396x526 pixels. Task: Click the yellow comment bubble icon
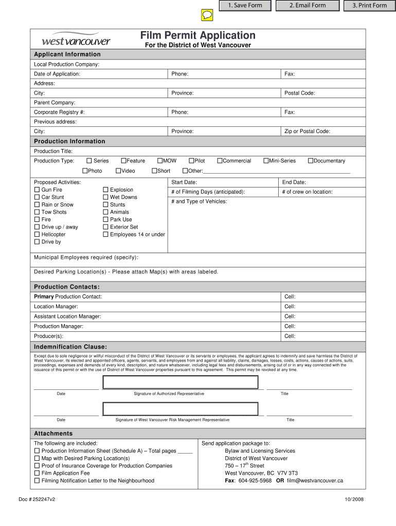click(x=206, y=15)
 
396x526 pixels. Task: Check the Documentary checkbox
click(x=310, y=161)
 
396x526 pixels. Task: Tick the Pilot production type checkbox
click(x=191, y=161)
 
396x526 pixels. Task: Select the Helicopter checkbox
click(x=37, y=234)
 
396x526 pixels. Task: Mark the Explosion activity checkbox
click(x=105, y=190)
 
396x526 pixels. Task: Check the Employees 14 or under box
click(x=105, y=234)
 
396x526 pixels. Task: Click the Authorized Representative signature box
click(x=181, y=383)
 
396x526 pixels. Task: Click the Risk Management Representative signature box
click(x=181, y=409)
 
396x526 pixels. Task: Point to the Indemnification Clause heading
click(x=70, y=347)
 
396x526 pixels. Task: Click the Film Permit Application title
click(x=198, y=35)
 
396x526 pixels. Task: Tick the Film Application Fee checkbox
click(x=37, y=473)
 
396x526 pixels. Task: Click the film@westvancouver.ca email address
click(x=315, y=481)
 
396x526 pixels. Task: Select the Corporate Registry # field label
click(x=59, y=112)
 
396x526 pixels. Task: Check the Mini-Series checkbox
click(x=265, y=161)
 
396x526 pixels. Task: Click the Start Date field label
click(x=184, y=182)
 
